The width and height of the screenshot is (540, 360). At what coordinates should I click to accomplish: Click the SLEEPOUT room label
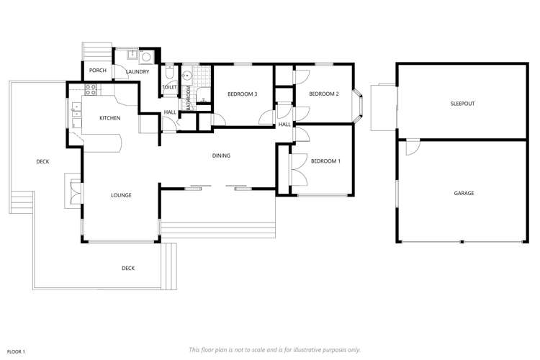pos(463,104)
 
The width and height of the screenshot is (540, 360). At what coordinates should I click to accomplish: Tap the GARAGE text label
pos(463,193)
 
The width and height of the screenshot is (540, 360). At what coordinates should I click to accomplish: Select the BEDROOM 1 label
pos(325,161)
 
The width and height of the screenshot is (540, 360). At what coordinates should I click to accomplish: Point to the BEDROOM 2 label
pos(323,94)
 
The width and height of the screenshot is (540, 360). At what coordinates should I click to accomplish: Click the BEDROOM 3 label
pos(242,94)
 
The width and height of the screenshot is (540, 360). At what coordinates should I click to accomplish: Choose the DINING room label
pos(221,156)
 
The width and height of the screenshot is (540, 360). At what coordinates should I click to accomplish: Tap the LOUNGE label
pos(120,195)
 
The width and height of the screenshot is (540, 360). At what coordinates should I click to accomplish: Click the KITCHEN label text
pos(109,118)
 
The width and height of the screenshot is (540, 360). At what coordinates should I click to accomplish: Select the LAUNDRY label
pos(137,72)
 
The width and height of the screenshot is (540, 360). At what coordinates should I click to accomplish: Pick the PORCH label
pos(97,71)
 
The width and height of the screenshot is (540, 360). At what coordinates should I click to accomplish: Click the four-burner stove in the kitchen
pos(91,90)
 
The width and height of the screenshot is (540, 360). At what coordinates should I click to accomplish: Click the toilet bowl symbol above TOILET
pos(168,74)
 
